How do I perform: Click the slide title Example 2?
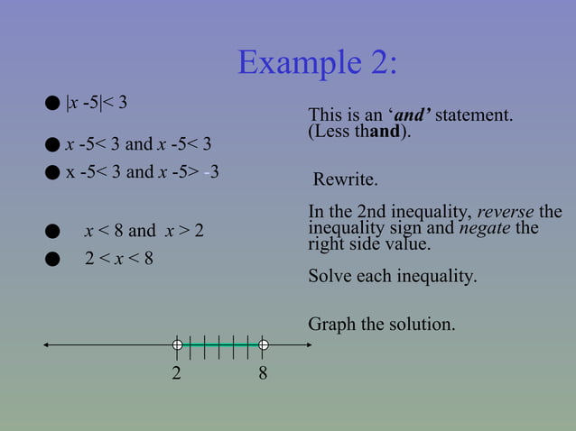tap(317, 62)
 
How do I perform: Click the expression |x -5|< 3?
tap(97, 103)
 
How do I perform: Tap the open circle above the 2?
tap(178, 344)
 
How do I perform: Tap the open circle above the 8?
tap(263, 344)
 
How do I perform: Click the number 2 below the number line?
tap(177, 372)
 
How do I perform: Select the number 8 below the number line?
tap(263, 372)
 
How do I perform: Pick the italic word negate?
tap(485, 228)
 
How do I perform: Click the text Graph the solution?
tap(382, 323)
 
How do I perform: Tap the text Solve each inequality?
tap(393, 276)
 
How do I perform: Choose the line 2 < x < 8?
tap(118, 259)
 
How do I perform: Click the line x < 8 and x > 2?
tap(144, 231)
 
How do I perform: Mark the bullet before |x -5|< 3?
tap(52, 104)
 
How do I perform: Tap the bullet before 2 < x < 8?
tap(52, 260)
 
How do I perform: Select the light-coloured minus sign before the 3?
tap(207, 171)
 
